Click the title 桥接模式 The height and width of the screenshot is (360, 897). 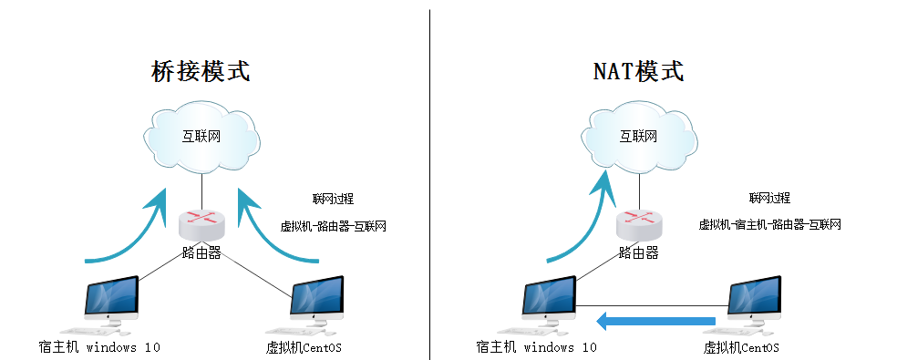(200, 71)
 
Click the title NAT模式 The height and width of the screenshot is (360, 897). (637, 71)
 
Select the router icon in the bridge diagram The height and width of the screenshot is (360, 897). (201, 221)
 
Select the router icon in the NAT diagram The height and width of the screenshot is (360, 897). (638, 221)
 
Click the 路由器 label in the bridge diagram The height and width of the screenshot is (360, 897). (201, 252)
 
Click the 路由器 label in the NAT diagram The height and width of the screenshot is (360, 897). (638, 252)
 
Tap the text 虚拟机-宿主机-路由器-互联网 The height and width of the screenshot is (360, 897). (769, 225)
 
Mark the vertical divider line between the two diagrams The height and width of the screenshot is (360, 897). (430, 182)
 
